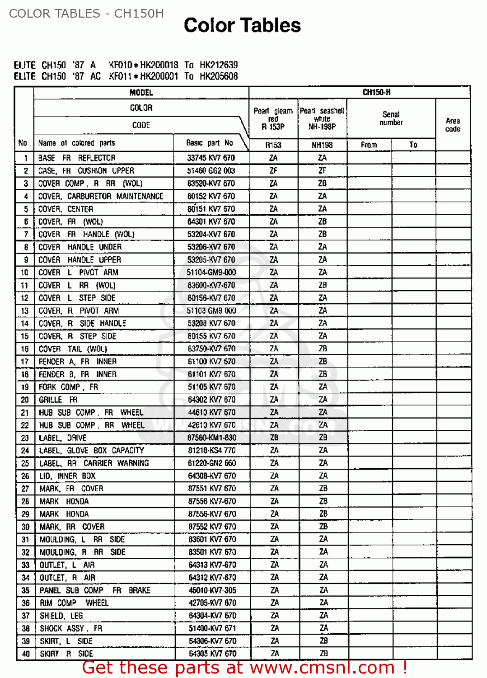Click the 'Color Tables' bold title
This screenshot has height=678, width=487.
pyautogui.click(x=242, y=25)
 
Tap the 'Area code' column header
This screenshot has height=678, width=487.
pyautogui.click(x=453, y=125)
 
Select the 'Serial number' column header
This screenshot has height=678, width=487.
pyautogui.click(x=391, y=118)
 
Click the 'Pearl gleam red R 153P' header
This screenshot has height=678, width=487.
pyautogui.click(x=273, y=118)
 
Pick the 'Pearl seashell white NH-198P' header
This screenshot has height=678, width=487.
pyautogui.click(x=322, y=118)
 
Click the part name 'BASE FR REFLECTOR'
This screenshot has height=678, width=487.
pyautogui.click(x=77, y=158)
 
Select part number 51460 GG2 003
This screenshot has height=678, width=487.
pyautogui.click(x=211, y=170)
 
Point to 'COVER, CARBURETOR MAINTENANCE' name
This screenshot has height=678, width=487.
pyautogui.click(x=100, y=196)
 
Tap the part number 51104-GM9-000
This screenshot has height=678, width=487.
pyautogui.click(x=211, y=273)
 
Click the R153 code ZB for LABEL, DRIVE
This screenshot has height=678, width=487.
pyautogui.click(x=274, y=438)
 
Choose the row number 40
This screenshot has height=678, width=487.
pyautogui.click(x=25, y=654)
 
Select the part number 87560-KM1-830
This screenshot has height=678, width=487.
pyautogui.click(x=212, y=438)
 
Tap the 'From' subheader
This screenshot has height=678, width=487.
pyautogui.click(x=369, y=145)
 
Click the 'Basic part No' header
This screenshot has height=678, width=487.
pyautogui.click(x=210, y=143)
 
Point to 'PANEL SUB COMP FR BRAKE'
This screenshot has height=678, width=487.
pyautogui.click(x=95, y=590)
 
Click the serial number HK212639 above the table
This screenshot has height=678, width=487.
pyautogui.click(x=219, y=65)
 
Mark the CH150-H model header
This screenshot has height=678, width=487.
pyautogui.click(x=376, y=92)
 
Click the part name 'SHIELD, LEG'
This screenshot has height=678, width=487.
pyautogui.click(x=61, y=616)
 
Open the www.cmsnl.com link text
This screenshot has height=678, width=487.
pyautogui.click(x=322, y=668)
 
